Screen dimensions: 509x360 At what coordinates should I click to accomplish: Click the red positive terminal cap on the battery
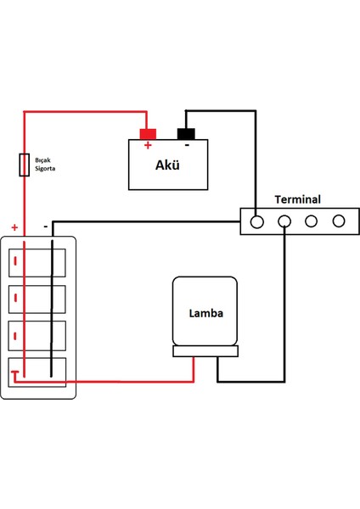(148, 133)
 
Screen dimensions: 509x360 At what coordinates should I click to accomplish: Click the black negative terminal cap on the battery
(186, 133)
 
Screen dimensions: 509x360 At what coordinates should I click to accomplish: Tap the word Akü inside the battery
(167, 165)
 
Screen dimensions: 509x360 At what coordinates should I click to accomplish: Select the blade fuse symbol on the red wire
(24, 165)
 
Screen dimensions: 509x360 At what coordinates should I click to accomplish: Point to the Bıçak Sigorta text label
(46, 163)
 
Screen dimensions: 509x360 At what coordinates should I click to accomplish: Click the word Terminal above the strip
(297, 200)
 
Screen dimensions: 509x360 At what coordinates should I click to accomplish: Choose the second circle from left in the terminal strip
(284, 221)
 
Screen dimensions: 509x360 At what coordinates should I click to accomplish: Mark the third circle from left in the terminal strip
(312, 221)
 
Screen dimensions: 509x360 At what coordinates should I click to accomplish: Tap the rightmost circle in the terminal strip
(339, 221)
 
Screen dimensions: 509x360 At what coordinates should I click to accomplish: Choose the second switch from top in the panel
(38, 299)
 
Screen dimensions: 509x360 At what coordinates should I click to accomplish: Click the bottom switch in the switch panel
(38, 372)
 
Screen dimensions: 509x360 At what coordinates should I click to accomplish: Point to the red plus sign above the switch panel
(14, 227)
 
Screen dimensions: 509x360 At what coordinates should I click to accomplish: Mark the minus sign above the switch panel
(45, 227)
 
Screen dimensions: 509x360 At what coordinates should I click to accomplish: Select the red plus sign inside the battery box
(148, 145)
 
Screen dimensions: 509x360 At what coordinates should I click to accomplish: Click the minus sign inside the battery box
(186, 145)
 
